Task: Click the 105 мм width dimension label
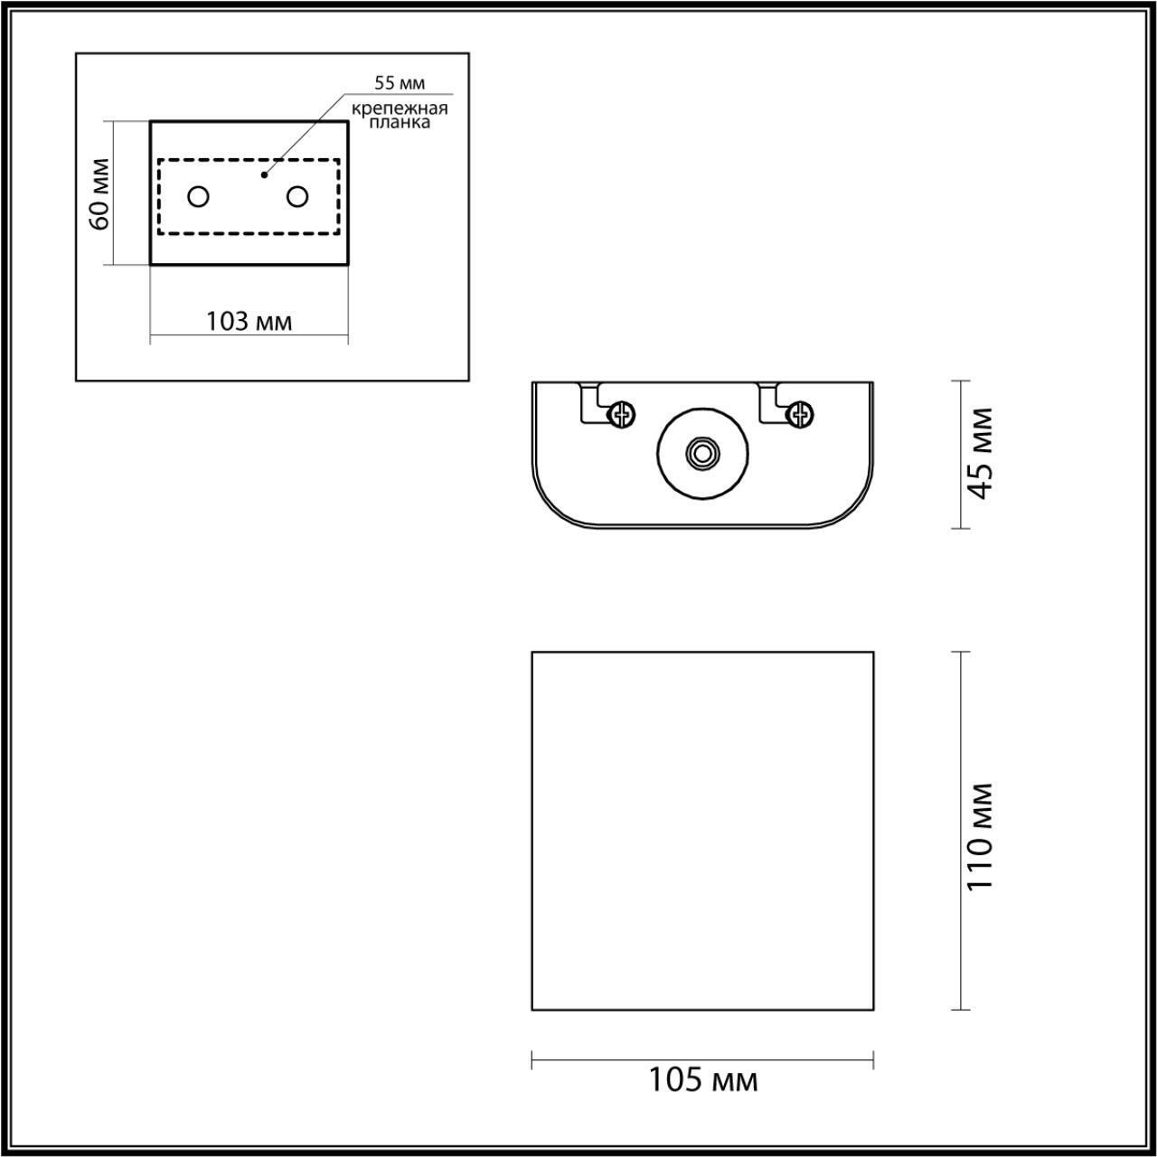pyautogui.click(x=702, y=1079)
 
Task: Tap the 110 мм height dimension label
pyautogui.click(x=980, y=836)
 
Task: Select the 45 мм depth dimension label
pyautogui.click(x=980, y=453)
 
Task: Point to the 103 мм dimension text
pyautogui.click(x=249, y=321)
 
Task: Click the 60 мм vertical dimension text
pyautogui.click(x=100, y=193)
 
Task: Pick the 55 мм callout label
pyautogui.click(x=400, y=83)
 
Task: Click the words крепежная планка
pyautogui.click(x=400, y=116)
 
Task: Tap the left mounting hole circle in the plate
pyautogui.click(x=199, y=196)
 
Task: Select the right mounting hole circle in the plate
pyautogui.click(x=296, y=196)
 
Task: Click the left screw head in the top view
pyautogui.click(x=621, y=415)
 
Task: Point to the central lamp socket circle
pyautogui.click(x=701, y=454)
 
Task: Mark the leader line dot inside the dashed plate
pyautogui.click(x=264, y=174)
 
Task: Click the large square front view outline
pyautogui.click(x=702, y=830)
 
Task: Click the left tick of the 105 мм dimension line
pyautogui.click(x=531, y=1059)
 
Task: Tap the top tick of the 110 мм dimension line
pyautogui.click(x=960, y=652)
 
